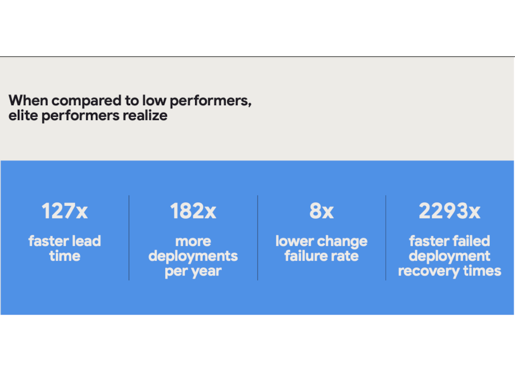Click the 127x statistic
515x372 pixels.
point(64,211)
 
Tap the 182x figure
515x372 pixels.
point(193,211)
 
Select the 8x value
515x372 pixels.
point(321,211)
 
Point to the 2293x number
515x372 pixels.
point(449,211)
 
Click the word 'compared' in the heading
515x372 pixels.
point(86,101)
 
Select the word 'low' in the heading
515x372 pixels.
point(154,100)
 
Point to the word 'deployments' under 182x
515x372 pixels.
point(193,256)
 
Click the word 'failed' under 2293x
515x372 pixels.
point(471,241)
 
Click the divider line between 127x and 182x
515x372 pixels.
point(129,238)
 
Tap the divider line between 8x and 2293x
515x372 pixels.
point(386,238)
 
